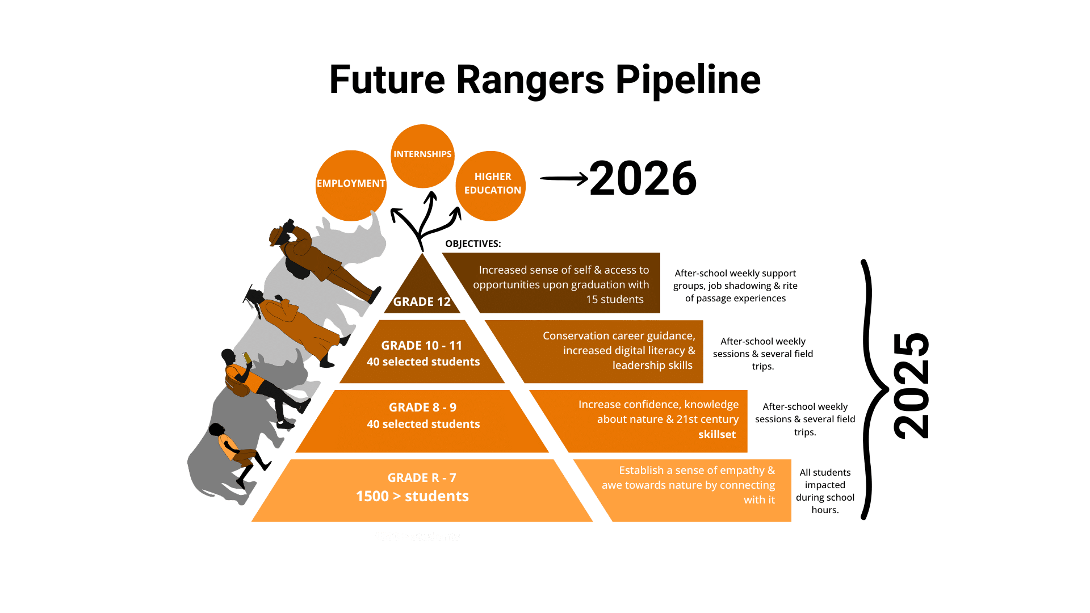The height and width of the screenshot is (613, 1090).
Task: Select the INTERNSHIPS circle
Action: (x=422, y=154)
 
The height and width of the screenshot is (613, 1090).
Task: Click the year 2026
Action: (x=643, y=179)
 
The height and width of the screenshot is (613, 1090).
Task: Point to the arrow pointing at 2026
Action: (x=564, y=179)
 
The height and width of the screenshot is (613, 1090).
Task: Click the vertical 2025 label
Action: (x=911, y=386)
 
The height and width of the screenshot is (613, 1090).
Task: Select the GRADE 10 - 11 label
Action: (x=422, y=346)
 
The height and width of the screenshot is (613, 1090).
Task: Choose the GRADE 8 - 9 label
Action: (x=422, y=408)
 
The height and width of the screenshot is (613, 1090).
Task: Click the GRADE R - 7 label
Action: (x=422, y=478)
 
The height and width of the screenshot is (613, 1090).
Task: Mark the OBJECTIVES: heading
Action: (x=473, y=244)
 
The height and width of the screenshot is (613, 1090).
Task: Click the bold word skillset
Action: (x=717, y=435)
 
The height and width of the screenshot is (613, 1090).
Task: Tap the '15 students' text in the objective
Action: (x=615, y=300)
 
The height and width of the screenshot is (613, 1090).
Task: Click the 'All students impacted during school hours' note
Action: (x=825, y=491)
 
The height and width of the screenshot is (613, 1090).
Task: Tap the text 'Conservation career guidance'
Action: (x=618, y=336)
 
